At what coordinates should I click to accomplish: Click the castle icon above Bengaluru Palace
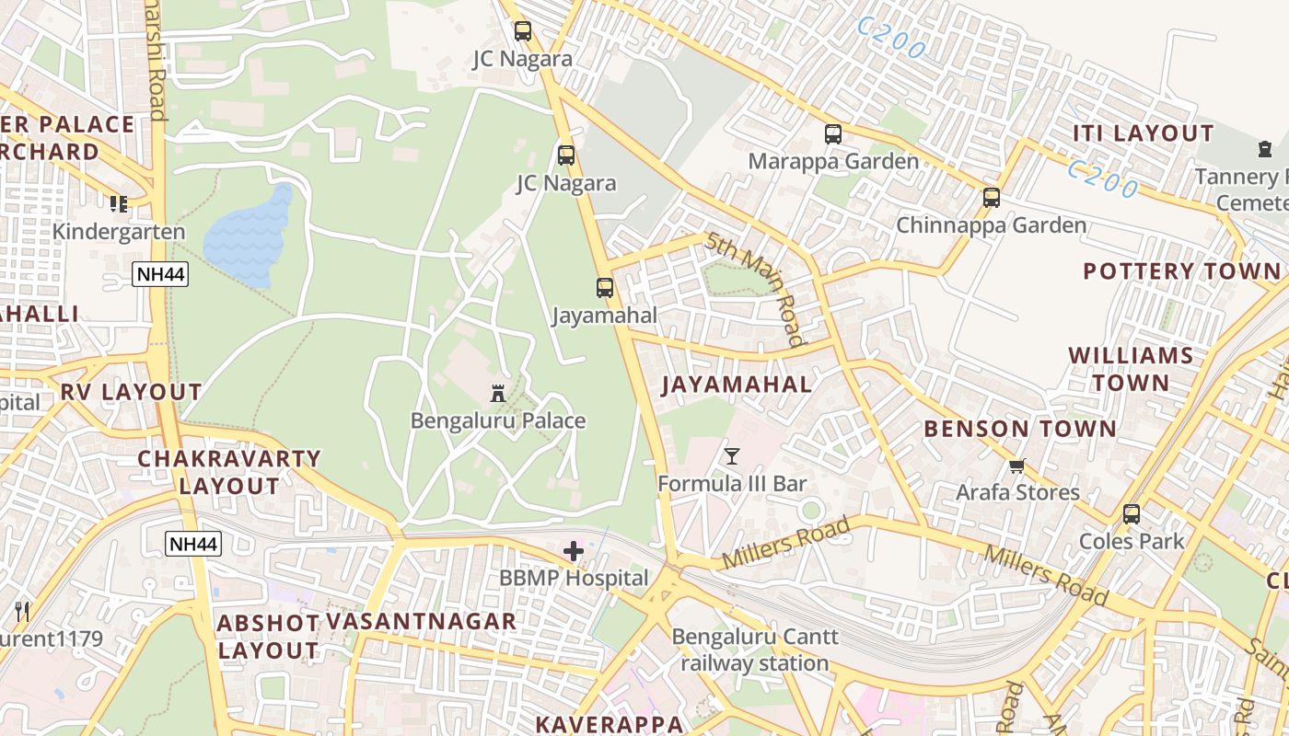tap(498, 394)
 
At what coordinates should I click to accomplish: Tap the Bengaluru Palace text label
tap(498, 421)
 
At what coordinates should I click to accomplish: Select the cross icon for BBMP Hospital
tap(574, 551)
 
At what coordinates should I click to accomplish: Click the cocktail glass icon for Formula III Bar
tap(732, 455)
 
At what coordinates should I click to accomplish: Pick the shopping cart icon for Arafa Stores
tap(1017, 466)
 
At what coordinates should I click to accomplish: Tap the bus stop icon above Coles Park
tap(1132, 514)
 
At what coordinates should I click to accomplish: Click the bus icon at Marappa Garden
tap(833, 134)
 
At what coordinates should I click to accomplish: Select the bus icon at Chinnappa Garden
tap(992, 198)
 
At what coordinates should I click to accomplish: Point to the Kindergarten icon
tap(118, 203)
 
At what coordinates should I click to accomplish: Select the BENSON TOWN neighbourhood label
tap(1019, 429)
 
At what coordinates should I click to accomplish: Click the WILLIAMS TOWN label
tap(1131, 369)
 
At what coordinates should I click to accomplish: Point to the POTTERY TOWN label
tap(1181, 271)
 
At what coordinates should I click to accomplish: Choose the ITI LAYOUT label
tap(1143, 133)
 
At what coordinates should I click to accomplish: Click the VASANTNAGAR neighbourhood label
tap(422, 622)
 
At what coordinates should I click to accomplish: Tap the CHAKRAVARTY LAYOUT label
tap(229, 472)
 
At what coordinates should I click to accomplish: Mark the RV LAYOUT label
tap(131, 392)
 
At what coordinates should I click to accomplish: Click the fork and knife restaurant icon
tap(22, 611)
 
